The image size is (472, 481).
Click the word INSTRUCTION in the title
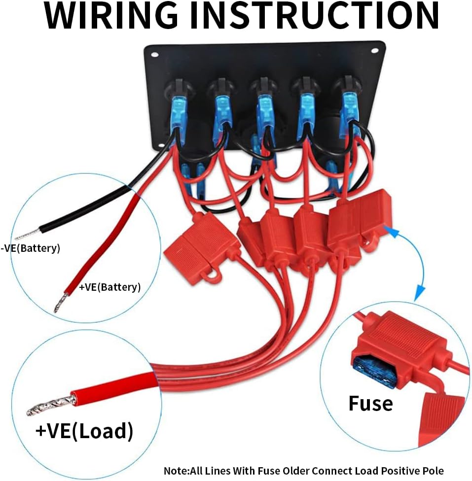coord(315,15)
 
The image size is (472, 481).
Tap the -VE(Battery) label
coord(31,248)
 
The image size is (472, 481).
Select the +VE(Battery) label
coord(110,287)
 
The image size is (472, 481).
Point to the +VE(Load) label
coord(84,430)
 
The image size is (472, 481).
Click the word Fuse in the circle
coord(371,403)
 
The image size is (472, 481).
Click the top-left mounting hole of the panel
coord(155,55)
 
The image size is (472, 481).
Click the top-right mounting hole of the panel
coord(375,51)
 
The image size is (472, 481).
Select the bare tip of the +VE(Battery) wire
coord(61,303)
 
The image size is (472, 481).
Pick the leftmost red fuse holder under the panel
coord(202,248)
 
